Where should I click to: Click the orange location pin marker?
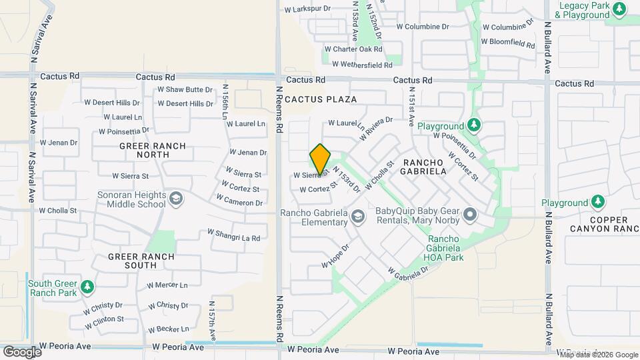321,159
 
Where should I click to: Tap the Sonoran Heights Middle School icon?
175,198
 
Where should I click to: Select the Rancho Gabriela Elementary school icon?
358,215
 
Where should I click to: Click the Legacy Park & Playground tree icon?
620,9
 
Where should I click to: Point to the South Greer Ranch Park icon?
87,287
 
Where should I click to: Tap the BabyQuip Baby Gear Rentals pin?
471,215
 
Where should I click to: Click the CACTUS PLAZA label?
321,99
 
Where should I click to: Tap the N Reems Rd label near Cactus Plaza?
280,110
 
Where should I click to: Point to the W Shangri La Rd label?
233,235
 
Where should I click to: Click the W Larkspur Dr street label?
307,10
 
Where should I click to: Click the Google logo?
22,351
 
